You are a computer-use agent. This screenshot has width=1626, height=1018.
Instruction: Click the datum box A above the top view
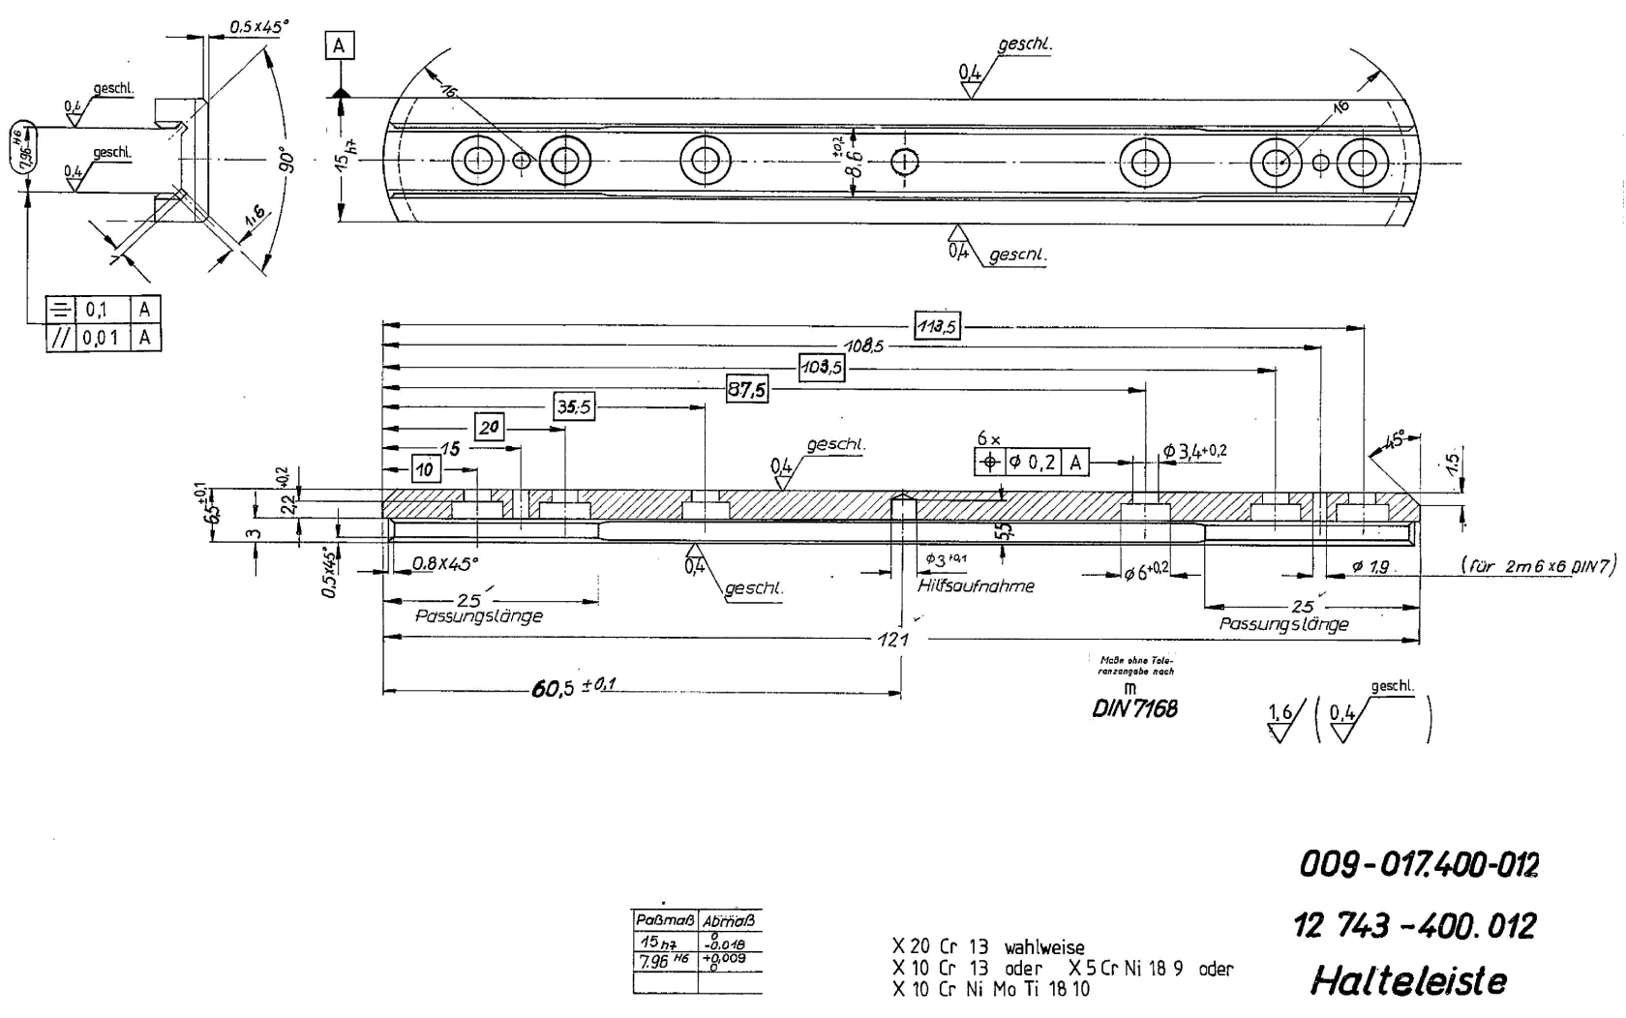(339, 45)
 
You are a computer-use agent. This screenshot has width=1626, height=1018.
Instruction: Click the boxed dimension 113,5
(937, 327)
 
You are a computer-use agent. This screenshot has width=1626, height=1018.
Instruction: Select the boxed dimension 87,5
(746, 390)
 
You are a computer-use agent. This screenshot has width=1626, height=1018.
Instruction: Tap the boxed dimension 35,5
(574, 407)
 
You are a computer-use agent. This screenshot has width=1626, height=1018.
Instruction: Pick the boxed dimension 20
(490, 428)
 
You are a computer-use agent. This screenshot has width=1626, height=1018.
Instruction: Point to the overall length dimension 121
(893, 639)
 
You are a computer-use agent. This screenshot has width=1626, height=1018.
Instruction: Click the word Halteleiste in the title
(1408, 981)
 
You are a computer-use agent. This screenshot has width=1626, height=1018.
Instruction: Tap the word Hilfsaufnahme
(975, 585)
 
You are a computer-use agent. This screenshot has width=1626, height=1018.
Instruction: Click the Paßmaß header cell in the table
(665, 920)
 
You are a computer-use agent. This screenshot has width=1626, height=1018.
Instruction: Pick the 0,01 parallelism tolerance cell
(102, 338)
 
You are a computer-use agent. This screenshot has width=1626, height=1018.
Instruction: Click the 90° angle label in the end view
(284, 160)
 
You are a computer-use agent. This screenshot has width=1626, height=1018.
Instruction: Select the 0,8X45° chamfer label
(445, 562)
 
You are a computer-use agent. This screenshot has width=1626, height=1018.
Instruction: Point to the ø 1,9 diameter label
(1371, 567)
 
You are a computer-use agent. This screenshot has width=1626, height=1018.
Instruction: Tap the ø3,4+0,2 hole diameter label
(1194, 451)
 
